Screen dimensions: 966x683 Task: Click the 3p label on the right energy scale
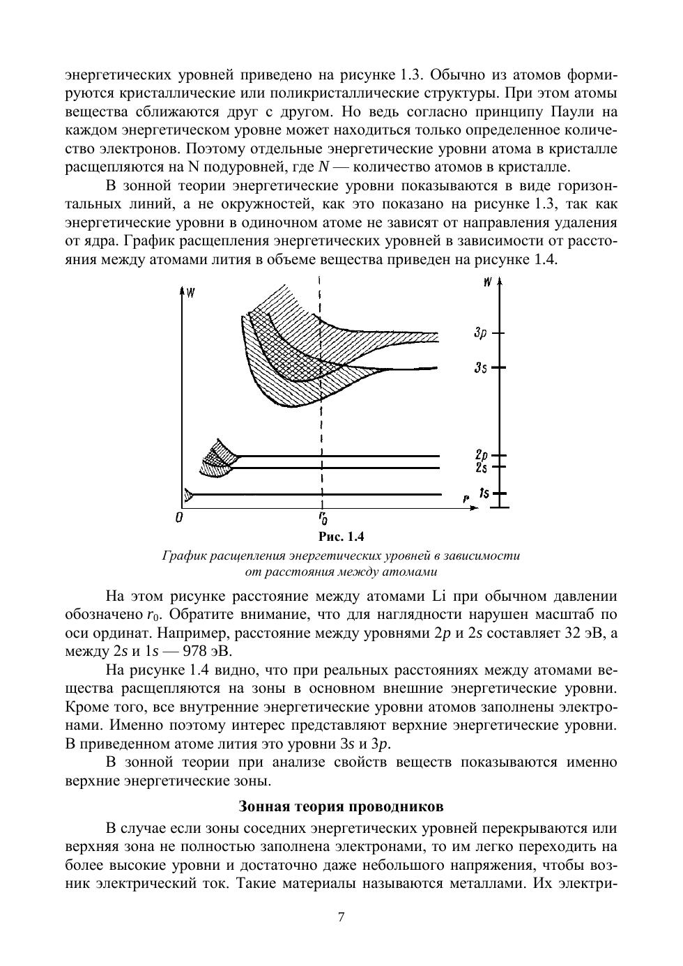click(480, 334)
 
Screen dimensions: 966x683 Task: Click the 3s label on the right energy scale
click(480, 367)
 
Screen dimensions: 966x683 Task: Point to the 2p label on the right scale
click(481, 455)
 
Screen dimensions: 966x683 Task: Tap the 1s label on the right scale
click(484, 493)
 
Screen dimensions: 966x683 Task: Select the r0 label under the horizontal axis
click(323, 518)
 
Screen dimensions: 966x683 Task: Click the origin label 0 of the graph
click(179, 518)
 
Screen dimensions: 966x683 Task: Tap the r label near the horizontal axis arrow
click(465, 498)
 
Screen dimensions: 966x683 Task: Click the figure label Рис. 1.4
click(341, 537)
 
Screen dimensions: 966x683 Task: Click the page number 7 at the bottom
click(341, 917)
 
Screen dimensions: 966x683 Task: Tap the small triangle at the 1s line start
click(187, 494)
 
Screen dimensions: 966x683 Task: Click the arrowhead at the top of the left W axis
click(182, 289)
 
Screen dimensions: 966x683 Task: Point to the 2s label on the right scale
click(481, 467)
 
